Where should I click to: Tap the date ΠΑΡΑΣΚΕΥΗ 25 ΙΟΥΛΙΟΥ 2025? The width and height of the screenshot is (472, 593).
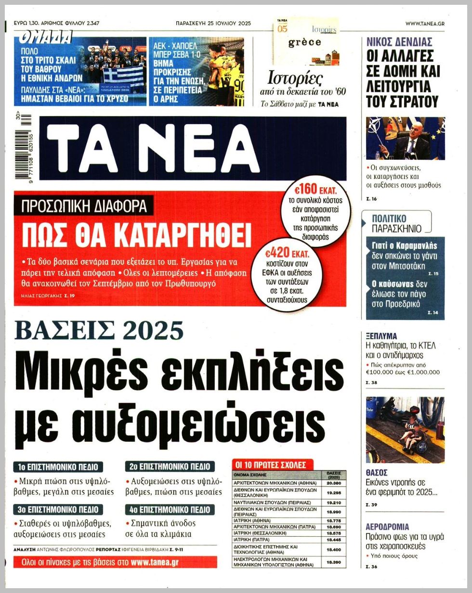coord(213,23)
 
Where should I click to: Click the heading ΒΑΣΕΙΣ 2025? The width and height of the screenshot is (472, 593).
coord(99,331)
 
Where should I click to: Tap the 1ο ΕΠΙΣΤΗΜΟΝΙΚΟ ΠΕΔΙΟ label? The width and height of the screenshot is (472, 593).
coord(58,467)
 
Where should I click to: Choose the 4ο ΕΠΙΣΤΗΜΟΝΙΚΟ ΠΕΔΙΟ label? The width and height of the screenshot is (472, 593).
coord(170,509)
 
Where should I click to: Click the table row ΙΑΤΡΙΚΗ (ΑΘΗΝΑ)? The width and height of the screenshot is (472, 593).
coord(275,520)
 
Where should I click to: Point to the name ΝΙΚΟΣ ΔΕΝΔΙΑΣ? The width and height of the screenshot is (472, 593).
coord(399,41)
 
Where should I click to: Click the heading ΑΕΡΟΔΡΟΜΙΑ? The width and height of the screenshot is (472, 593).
coord(387,527)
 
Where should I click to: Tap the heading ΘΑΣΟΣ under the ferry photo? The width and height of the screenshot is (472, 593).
coord(377,473)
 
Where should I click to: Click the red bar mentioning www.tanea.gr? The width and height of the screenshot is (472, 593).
coord(116,562)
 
